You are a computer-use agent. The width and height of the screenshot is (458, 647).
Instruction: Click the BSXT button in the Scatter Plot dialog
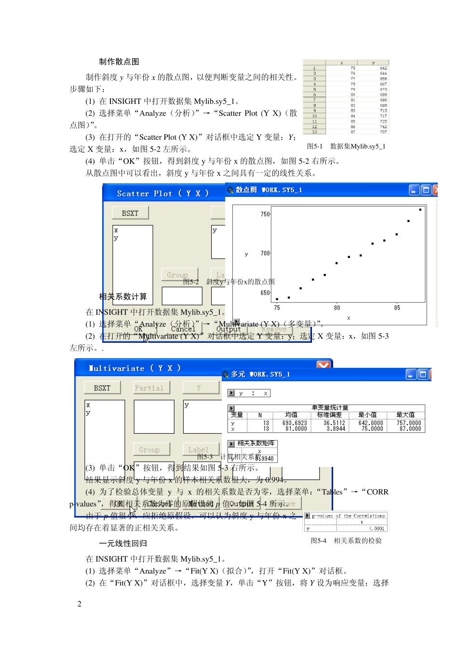[x=130, y=213]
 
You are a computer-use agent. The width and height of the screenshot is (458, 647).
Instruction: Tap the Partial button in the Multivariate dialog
[x=149, y=388]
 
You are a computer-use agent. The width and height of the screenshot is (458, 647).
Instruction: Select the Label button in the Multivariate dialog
[x=198, y=450]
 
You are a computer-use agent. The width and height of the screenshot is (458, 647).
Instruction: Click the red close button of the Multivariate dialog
[x=323, y=365]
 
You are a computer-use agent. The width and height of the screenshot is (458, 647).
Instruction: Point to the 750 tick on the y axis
[x=266, y=214]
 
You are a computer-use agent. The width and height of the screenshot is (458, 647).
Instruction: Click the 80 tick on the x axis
[x=337, y=308]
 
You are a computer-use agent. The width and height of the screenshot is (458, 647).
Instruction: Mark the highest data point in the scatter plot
[x=420, y=210]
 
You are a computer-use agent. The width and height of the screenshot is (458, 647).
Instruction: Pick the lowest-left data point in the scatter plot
[x=277, y=299]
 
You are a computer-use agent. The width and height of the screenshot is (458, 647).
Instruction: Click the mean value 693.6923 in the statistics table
[x=295, y=423]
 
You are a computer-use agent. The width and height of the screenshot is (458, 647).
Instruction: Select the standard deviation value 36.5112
[x=334, y=423]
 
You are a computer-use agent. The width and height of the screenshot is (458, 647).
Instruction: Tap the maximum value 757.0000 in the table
[x=409, y=423]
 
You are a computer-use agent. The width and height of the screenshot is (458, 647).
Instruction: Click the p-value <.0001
[x=377, y=529]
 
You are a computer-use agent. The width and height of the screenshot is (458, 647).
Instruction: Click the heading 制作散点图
[x=119, y=62]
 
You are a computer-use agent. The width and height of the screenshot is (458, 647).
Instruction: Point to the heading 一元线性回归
[x=123, y=543]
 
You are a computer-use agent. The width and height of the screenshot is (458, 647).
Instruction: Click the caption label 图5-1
[x=315, y=146]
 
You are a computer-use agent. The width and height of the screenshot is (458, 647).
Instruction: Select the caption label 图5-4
[x=318, y=541]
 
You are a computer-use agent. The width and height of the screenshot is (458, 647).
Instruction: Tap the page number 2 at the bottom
[x=80, y=604]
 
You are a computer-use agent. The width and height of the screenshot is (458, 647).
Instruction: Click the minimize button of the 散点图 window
[x=414, y=190]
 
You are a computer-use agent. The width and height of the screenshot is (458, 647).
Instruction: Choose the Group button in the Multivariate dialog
[x=149, y=450]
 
